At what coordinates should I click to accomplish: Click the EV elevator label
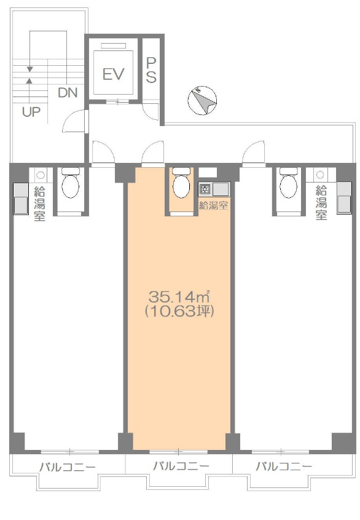114,74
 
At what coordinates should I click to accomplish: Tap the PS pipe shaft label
151,70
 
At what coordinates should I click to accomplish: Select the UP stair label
31,112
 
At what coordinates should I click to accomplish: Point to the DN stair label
68,93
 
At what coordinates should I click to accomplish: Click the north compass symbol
202,100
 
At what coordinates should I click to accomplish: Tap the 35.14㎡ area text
179,296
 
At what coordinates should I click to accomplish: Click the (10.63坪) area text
179,311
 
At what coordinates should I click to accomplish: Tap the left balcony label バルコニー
68,467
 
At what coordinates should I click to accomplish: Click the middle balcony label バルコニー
181,466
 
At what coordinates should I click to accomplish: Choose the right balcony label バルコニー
284,467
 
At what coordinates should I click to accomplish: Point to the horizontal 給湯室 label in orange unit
213,206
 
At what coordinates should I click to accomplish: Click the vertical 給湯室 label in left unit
40,203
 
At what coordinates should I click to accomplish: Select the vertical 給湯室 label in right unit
321,203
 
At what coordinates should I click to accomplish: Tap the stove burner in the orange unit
205,189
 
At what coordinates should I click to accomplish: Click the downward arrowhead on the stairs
30,69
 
